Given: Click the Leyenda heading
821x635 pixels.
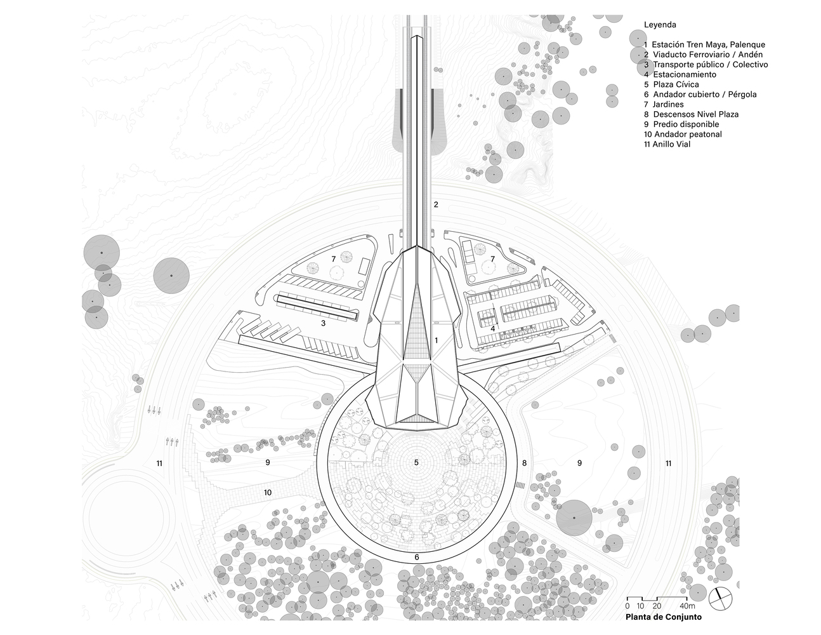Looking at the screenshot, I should tap(660, 25).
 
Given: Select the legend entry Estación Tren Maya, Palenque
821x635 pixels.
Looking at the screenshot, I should tap(704, 44).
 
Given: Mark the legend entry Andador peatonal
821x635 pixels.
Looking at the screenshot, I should tap(682, 134).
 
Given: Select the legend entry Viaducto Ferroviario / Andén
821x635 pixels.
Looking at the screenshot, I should tap(703, 55).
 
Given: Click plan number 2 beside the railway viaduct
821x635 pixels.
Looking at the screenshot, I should tap(436, 204).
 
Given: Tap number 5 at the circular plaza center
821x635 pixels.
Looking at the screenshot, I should tap(416, 462).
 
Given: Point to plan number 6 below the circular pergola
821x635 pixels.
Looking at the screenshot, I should tap(417, 558).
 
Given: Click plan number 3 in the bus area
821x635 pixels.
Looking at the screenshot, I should tap(323, 323).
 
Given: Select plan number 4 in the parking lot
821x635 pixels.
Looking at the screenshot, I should tap(493, 328).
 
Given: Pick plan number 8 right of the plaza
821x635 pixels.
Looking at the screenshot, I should tap(524, 463).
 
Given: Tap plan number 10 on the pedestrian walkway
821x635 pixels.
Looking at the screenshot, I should tap(268, 492).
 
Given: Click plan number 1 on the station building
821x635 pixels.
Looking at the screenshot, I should tap(437, 340).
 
